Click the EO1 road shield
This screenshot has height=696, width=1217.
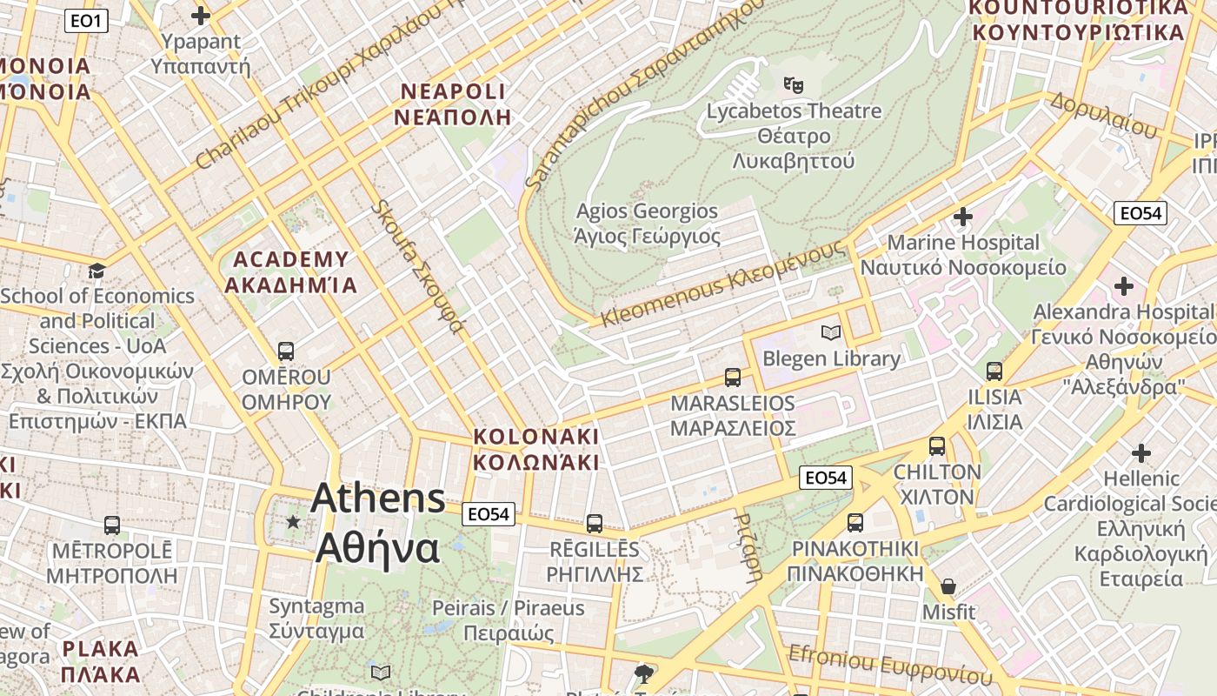(x=86, y=20)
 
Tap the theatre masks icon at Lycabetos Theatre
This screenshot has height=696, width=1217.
(x=793, y=84)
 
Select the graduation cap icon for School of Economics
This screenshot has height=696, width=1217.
(x=96, y=271)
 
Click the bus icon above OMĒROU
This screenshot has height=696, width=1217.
(x=285, y=351)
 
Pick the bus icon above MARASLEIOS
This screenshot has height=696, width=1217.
(x=733, y=377)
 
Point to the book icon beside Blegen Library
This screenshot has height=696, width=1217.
(x=831, y=332)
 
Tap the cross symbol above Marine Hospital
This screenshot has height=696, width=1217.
(x=962, y=216)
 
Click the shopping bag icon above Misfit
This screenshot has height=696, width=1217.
(x=948, y=586)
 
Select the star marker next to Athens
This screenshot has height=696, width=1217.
(x=293, y=522)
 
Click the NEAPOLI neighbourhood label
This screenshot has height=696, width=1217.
(x=452, y=104)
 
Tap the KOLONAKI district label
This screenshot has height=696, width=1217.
(x=536, y=449)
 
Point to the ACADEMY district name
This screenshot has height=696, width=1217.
(x=291, y=271)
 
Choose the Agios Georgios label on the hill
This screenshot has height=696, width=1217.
(x=648, y=223)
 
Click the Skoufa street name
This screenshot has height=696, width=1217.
(x=418, y=266)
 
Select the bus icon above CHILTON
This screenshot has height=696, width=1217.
(x=936, y=446)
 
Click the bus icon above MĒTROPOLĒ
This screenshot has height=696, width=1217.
(x=112, y=525)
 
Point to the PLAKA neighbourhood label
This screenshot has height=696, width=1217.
(x=101, y=661)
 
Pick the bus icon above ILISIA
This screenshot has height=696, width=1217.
(x=994, y=371)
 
